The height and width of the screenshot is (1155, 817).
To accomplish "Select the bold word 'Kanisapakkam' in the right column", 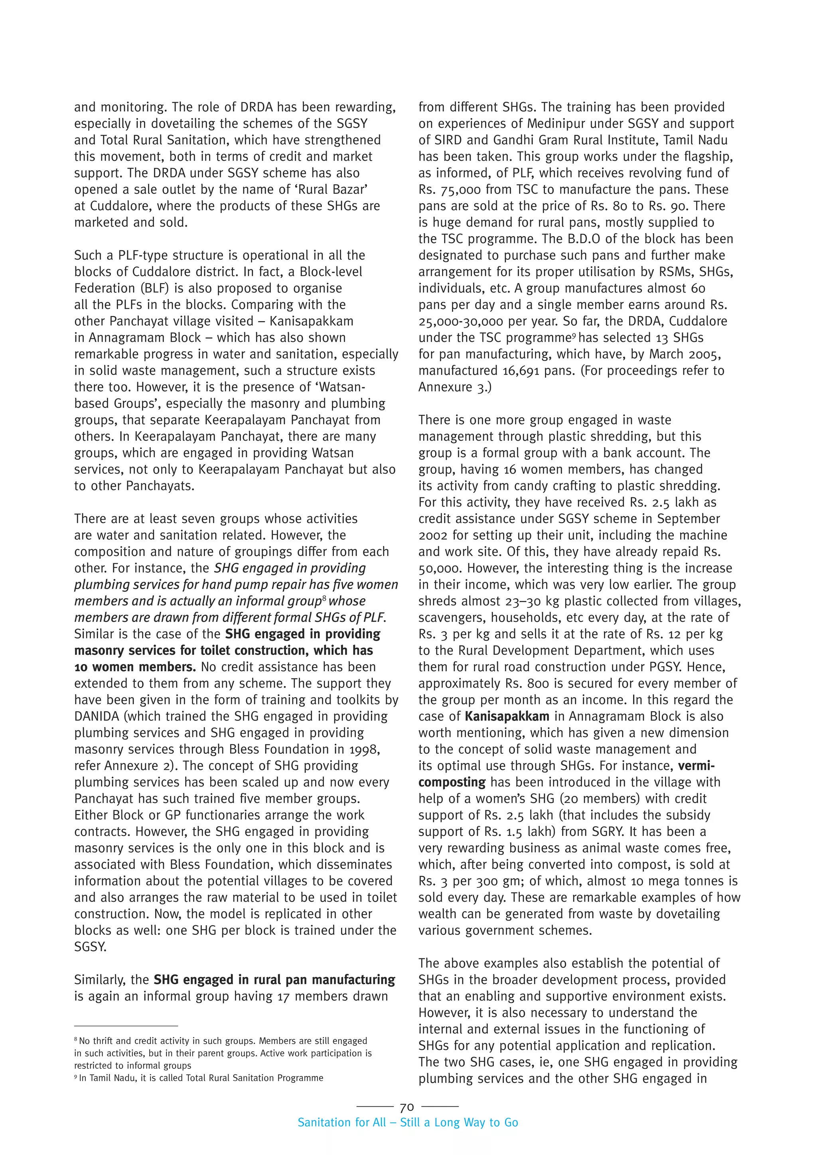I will click(x=507, y=716).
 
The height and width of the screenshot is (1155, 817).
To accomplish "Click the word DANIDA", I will click(x=98, y=716).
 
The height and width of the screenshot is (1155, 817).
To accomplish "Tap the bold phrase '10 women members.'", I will click(x=135, y=667).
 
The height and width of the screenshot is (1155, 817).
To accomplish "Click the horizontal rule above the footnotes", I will click(x=126, y=1026).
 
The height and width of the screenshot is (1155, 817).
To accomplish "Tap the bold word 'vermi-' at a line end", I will click(x=696, y=766).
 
